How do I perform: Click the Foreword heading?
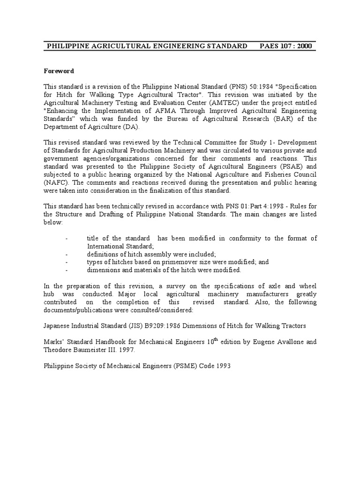(x=59, y=71)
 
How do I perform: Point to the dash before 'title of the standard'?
(x=67, y=239)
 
